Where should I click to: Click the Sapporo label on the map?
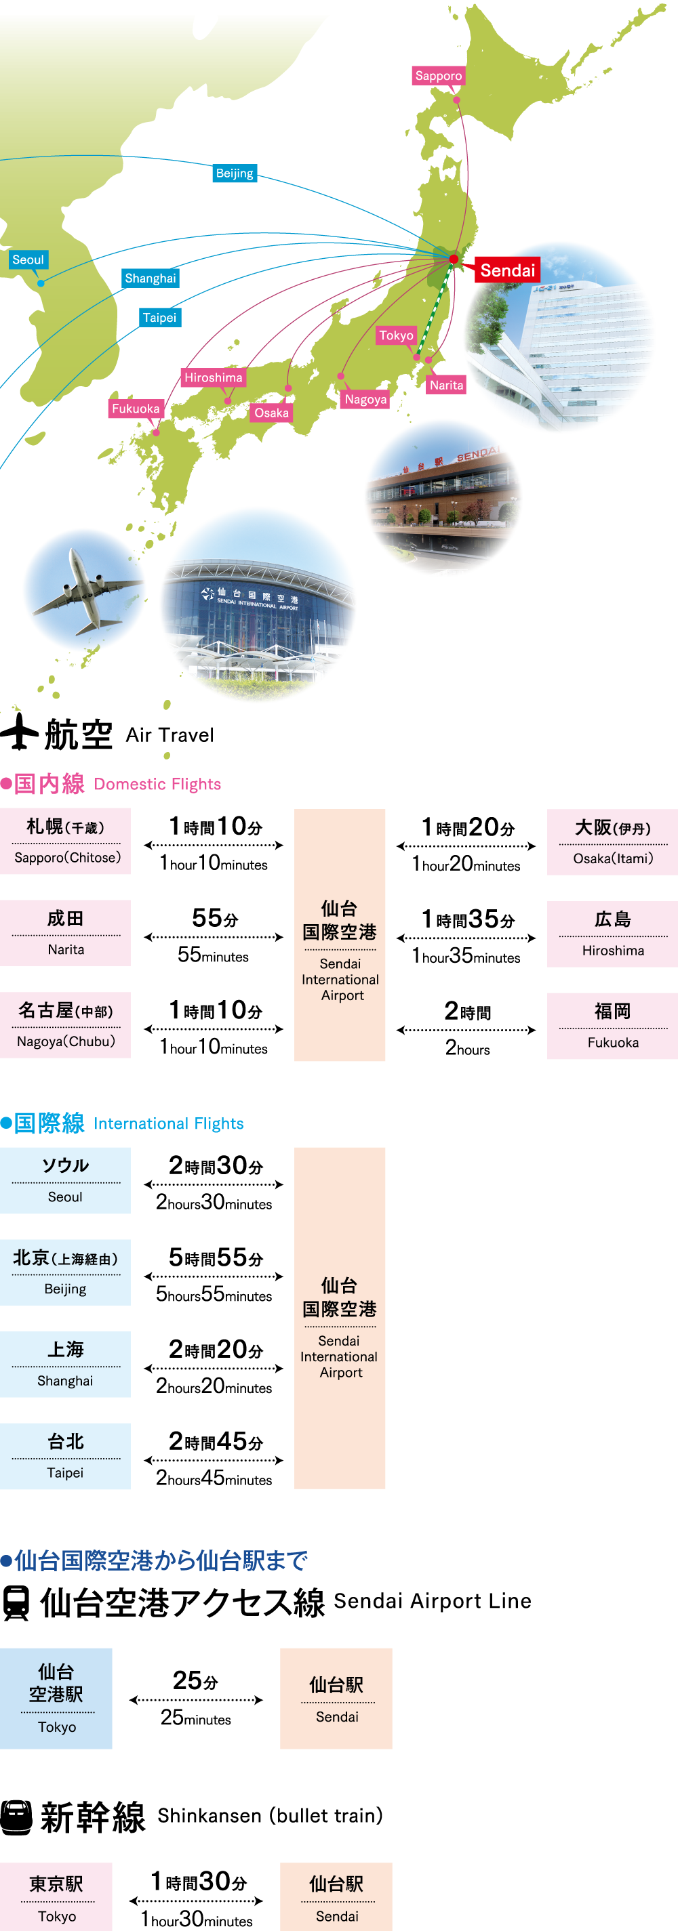point(439,76)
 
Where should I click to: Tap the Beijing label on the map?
point(235,173)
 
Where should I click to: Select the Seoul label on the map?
point(28,260)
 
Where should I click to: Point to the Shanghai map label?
point(151,278)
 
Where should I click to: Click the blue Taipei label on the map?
point(160,318)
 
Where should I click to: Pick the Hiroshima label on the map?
point(214,378)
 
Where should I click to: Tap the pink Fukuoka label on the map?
point(136,409)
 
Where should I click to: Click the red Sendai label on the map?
point(508,270)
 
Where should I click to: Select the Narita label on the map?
point(446,386)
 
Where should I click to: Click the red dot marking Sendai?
point(454,259)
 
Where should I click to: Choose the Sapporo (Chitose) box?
point(65,841)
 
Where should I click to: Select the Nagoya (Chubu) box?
point(65,1024)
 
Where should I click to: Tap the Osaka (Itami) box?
point(612,842)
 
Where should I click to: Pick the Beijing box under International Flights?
point(65,1272)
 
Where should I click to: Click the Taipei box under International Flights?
point(65,1456)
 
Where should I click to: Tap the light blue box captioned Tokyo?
point(56,1698)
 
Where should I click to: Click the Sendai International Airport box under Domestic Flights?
point(340,935)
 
